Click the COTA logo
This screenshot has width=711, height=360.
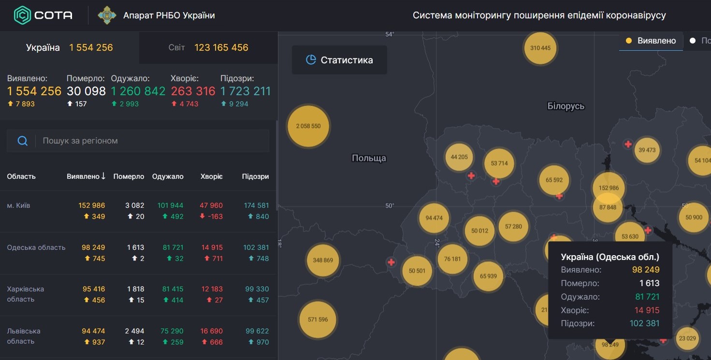(43, 15)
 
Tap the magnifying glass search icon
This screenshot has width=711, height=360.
(22, 141)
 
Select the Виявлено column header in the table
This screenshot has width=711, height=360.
(86, 176)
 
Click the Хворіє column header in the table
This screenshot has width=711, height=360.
(211, 176)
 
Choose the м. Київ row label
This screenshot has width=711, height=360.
(18, 205)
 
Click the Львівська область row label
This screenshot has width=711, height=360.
(24, 336)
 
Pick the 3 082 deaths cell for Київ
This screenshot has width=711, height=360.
(134, 205)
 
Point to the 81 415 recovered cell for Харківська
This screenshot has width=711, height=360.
(173, 289)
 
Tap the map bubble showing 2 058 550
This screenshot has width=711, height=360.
(308, 126)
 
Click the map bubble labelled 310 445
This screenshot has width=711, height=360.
(540, 48)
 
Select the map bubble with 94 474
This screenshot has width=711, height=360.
(434, 218)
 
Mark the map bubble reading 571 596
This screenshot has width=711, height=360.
(318, 319)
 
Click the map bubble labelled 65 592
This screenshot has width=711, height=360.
(554, 180)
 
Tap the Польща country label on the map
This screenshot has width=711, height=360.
(369, 158)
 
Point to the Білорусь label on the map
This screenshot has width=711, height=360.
(566, 106)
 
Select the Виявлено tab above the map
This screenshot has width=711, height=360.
(651, 41)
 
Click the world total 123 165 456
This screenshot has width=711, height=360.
(221, 48)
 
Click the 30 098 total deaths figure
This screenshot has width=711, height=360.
(86, 91)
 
